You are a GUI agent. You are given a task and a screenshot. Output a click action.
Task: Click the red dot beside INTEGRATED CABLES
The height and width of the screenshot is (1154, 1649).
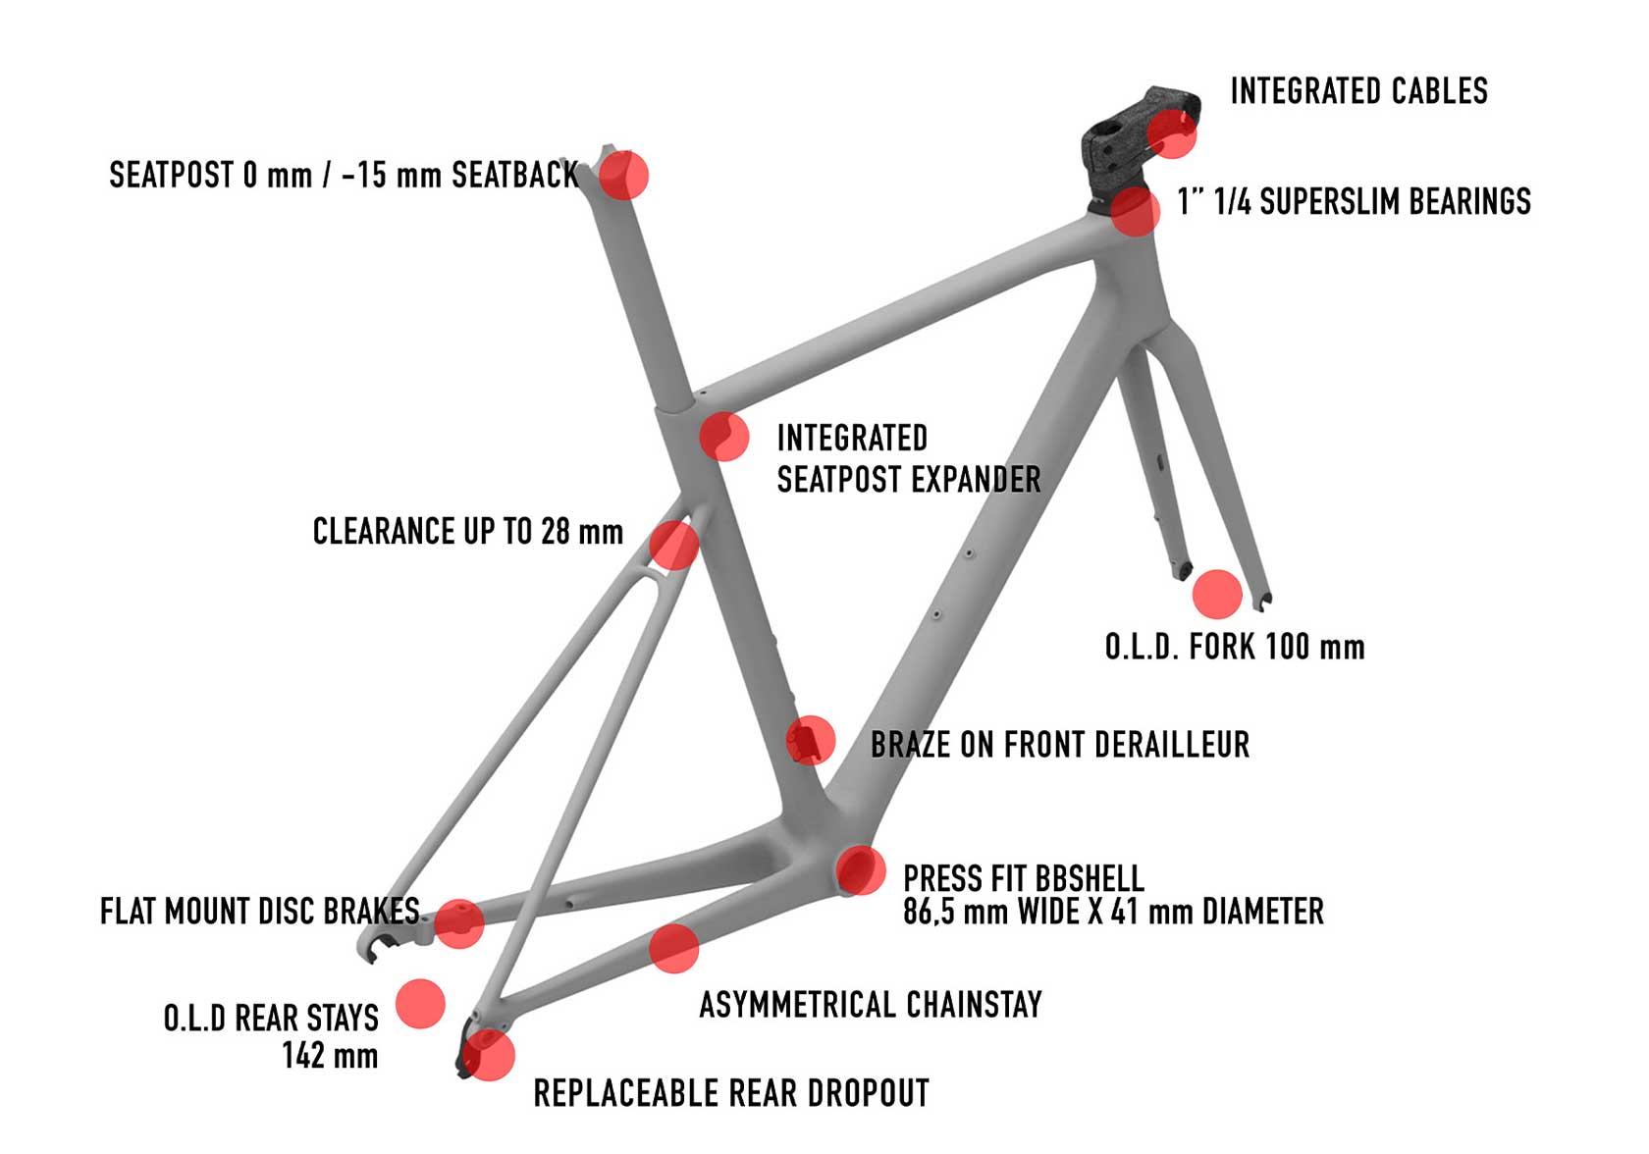click(1172, 133)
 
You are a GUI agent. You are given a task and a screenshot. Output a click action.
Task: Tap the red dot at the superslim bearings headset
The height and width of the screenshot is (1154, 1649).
click(1135, 211)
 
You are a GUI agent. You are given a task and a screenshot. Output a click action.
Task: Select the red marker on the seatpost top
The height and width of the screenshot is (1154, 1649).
click(623, 175)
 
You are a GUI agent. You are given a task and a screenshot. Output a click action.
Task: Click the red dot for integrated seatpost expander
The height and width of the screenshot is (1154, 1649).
click(724, 437)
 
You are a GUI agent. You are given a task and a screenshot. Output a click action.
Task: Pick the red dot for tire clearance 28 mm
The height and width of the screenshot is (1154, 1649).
click(673, 545)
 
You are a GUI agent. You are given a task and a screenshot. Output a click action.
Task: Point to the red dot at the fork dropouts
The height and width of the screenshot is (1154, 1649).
click(1217, 594)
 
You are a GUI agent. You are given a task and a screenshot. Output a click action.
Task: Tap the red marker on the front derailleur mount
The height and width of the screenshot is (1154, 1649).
click(811, 740)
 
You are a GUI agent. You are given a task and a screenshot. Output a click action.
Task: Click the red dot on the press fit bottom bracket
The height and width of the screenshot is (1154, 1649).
click(861, 869)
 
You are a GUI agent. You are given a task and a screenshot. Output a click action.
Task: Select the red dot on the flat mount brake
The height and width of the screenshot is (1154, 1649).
click(459, 923)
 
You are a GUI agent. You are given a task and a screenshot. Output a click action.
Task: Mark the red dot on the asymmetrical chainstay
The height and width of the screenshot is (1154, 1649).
click(673, 949)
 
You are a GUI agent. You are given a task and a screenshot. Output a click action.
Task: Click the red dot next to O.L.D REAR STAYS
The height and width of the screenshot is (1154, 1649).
click(420, 1004)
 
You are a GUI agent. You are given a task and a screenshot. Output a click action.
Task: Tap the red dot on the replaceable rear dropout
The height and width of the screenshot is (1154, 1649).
click(490, 1056)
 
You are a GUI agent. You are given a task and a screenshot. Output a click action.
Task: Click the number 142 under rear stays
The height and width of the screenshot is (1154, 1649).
click(303, 1055)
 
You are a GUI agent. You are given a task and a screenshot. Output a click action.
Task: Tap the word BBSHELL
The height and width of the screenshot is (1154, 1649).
click(1086, 878)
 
